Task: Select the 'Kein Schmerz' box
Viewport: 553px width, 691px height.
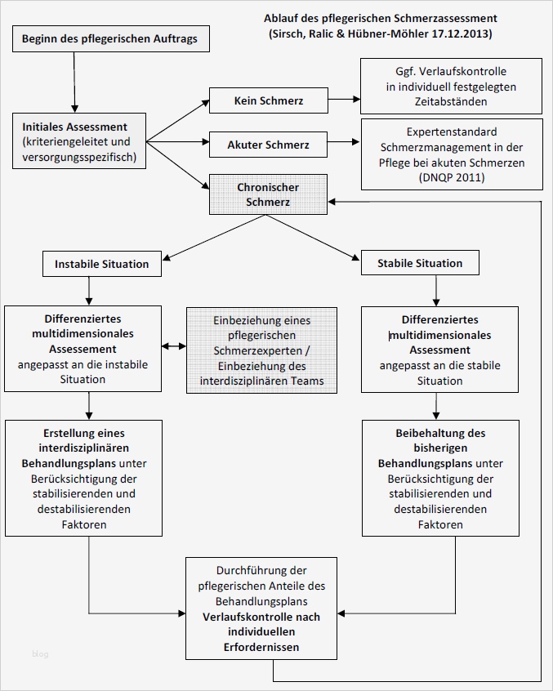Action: click(x=269, y=101)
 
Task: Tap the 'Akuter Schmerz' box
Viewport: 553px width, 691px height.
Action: click(x=269, y=145)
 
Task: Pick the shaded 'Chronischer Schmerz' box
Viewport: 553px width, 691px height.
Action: click(x=268, y=194)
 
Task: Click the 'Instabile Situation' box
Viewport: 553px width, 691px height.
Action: click(x=102, y=264)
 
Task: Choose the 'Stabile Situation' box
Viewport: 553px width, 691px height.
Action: click(x=420, y=263)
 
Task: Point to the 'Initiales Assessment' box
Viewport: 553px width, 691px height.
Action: click(x=74, y=141)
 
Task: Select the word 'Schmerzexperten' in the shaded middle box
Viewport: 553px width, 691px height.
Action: click(x=262, y=350)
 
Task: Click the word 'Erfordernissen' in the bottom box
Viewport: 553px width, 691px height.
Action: click(x=261, y=647)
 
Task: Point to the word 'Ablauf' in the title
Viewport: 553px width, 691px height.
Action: click(x=280, y=18)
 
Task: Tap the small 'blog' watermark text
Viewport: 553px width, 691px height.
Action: click(x=41, y=653)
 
